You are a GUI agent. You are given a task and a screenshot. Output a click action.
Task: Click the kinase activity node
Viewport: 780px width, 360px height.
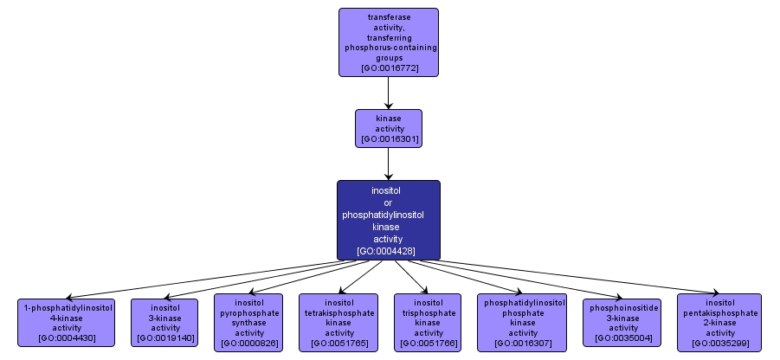pos(389,127)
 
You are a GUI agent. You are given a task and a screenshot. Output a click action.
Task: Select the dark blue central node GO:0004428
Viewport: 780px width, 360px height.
pos(389,220)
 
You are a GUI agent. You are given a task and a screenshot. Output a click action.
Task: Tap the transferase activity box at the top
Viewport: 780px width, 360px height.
pos(389,42)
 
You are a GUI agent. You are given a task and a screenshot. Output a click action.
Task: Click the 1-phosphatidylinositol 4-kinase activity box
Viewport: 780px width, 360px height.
pos(67,323)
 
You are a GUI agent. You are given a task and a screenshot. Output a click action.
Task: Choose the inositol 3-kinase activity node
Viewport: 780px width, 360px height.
pos(164,323)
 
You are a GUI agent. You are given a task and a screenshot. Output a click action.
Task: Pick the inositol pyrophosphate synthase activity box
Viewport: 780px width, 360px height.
pos(249,323)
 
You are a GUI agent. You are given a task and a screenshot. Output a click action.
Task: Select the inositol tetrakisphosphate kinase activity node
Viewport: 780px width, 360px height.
pos(339,323)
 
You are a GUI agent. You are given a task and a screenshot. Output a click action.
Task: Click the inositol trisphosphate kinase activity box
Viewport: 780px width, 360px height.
pos(429,323)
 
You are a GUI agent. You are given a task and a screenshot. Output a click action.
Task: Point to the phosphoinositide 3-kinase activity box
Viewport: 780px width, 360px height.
pos(624,323)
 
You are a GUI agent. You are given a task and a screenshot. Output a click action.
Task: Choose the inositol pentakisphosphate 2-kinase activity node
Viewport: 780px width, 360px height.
pos(720,323)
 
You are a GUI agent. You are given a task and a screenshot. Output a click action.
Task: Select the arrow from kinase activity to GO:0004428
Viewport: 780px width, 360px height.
pos(389,163)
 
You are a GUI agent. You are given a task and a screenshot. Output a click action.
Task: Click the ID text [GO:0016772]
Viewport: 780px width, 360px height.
pos(389,66)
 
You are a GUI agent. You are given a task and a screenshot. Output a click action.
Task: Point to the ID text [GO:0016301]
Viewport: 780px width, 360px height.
pos(389,138)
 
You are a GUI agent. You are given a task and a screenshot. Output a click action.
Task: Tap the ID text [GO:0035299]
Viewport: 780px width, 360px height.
pos(720,344)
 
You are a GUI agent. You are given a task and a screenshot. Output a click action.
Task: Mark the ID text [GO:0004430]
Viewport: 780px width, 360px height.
pos(67,337)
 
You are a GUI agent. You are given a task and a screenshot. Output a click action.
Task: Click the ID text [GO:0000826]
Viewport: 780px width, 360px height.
pos(249,344)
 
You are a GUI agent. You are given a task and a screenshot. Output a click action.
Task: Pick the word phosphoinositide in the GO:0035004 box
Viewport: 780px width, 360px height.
pos(624,307)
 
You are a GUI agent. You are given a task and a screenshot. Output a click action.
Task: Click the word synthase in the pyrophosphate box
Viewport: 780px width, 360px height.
pos(249,323)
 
